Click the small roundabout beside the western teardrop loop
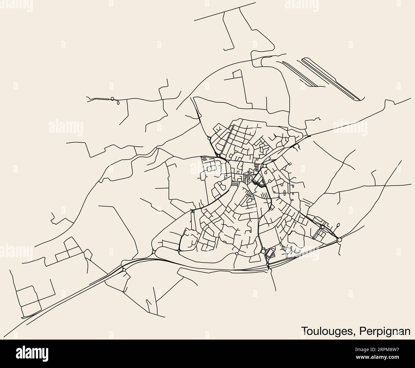point(112,99)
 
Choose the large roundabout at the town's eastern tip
point(340,239)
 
